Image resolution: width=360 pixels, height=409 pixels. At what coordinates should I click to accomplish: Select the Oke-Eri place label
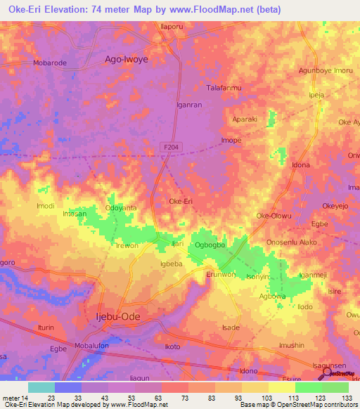click(181, 201)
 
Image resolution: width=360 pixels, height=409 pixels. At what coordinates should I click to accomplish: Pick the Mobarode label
click(50, 63)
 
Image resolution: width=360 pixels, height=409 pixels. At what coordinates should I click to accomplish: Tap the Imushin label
click(292, 345)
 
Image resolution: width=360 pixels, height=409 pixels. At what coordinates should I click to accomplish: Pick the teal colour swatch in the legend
click(41, 387)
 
